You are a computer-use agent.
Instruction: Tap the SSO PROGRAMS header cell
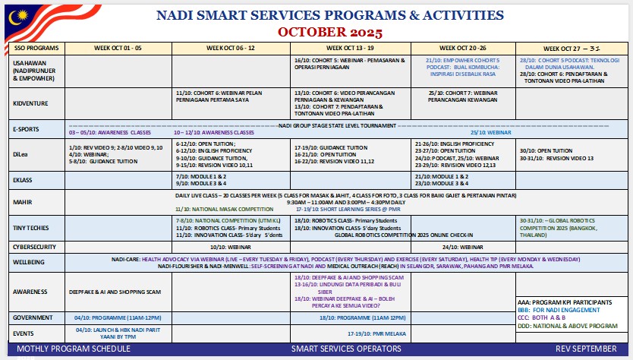pos(30,48)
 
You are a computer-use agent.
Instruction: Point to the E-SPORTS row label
pos(28,128)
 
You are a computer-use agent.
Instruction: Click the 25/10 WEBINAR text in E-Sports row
pos(474,132)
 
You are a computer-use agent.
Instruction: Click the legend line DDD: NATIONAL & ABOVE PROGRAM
pos(570,326)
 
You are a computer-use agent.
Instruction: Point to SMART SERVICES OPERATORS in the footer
pos(346,348)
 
